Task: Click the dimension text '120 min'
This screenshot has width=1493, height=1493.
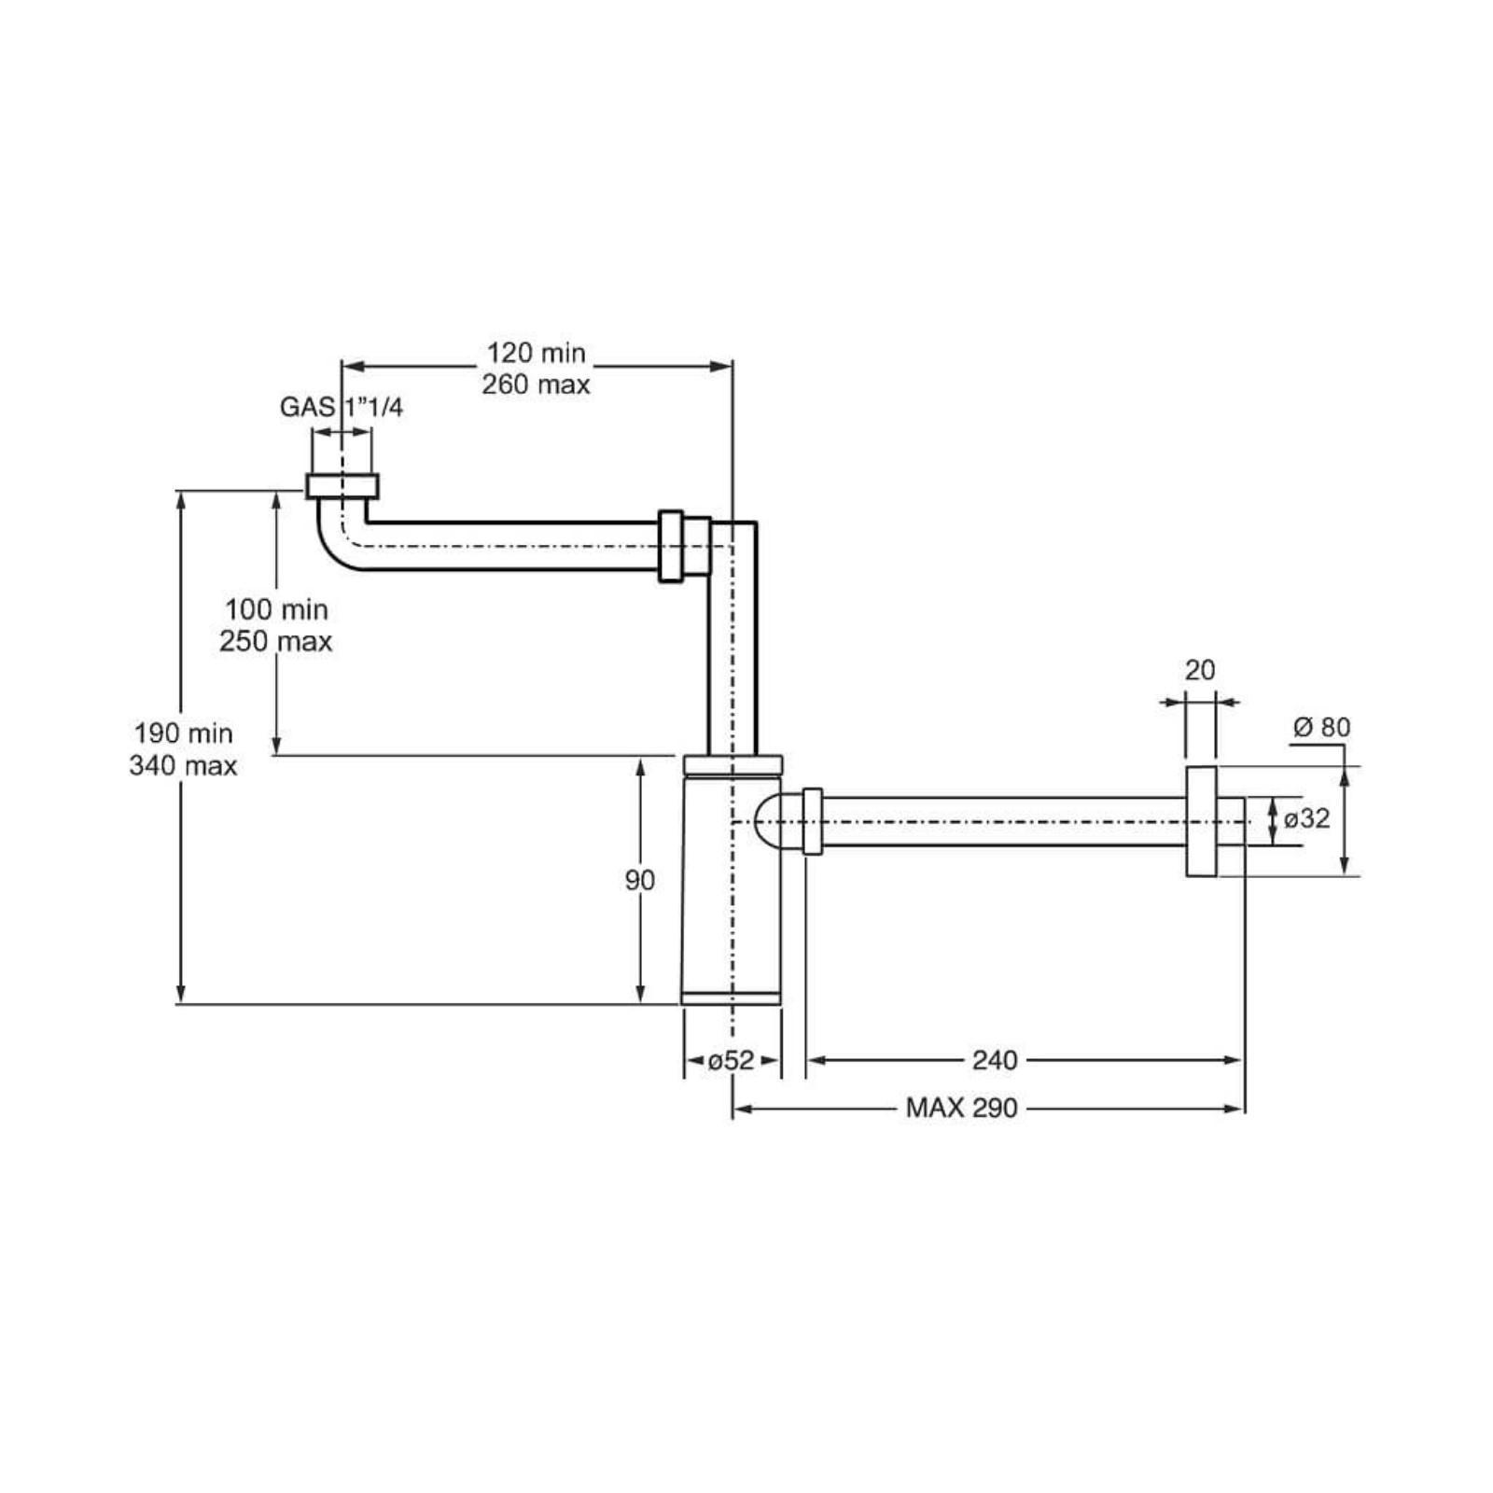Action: point(536,353)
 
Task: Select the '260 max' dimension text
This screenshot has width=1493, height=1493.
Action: point(536,384)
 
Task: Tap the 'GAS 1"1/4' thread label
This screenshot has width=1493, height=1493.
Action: point(342,407)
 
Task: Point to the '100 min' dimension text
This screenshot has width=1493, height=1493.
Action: point(276,609)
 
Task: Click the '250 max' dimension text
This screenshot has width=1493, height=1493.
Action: point(276,641)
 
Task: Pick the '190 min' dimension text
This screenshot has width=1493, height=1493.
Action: point(184,733)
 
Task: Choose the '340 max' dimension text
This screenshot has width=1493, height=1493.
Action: point(184,765)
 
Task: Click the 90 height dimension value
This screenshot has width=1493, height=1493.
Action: point(640,880)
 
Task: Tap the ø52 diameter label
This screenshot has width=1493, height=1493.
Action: point(731,1060)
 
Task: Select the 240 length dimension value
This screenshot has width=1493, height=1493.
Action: point(995,1060)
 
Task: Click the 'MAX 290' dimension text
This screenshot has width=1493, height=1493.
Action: point(961,1109)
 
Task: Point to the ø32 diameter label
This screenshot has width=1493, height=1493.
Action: point(1306,818)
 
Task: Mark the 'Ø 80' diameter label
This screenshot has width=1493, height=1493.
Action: point(1322,727)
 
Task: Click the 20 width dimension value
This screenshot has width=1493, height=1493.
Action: point(1200,670)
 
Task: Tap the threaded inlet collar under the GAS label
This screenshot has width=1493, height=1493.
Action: point(342,486)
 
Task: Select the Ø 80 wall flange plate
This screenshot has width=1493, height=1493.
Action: point(1201,822)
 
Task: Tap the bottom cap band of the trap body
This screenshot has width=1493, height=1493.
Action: point(731,998)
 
